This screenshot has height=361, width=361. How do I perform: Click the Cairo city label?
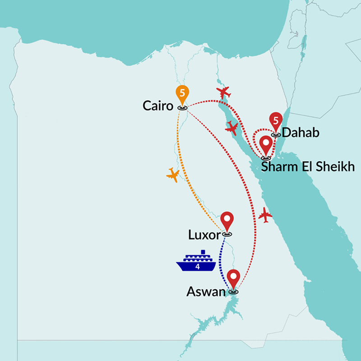(158, 106)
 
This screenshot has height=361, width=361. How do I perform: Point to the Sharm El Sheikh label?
(308, 167)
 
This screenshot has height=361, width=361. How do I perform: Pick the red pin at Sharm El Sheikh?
(266, 146)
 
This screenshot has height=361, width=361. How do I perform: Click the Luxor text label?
(204, 235)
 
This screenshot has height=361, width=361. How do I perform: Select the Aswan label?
(206, 292)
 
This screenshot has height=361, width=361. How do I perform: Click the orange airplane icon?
(173, 174)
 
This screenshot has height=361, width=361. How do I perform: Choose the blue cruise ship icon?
(197, 262)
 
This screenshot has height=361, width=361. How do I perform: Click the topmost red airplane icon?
(223, 93)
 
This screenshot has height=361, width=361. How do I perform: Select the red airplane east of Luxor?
(266, 215)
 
